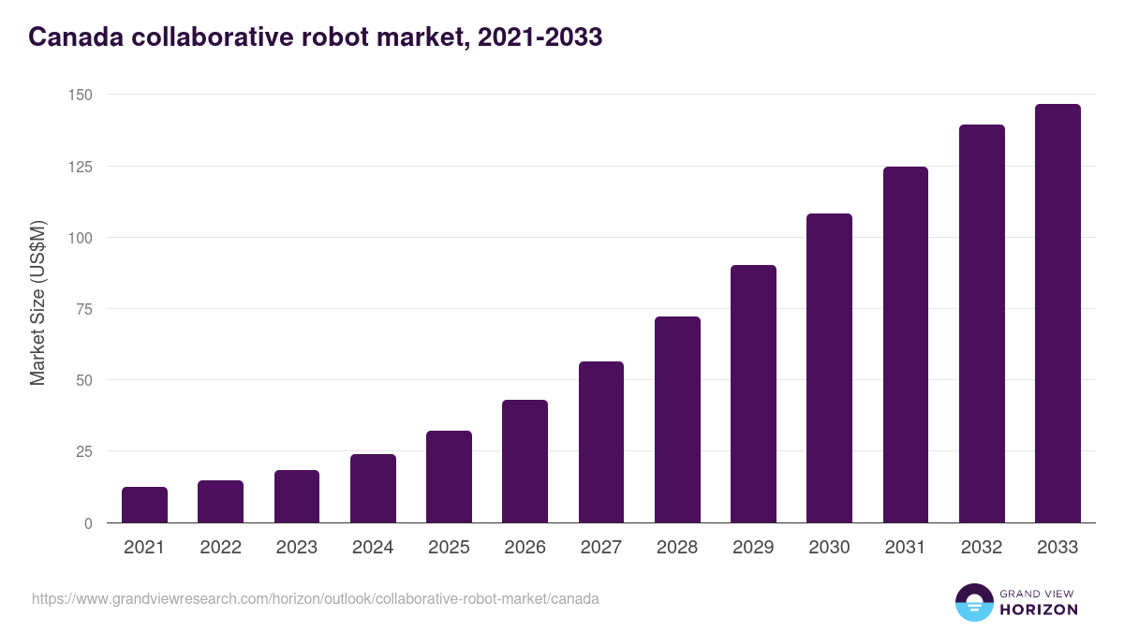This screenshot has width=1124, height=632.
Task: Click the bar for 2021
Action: pyautogui.click(x=144, y=505)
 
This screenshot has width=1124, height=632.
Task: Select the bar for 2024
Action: pyautogui.click(x=373, y=489)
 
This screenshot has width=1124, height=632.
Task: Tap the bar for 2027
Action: pyautogui.click(x=601, y=442)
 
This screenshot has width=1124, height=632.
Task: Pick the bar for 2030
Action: pyautogui.click(x=830, y=368)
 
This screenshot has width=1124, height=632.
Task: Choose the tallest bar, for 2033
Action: pyautogui.click(x=1057, y=314)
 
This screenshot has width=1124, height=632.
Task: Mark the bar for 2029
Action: pyautogui.click(x=754, y=393)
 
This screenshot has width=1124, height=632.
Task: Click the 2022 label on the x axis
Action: pyautogui.click(x=220, y=548)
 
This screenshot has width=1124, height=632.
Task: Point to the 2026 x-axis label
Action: pyautogui.click(x=525, y=548)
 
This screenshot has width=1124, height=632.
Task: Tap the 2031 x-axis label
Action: pyautogui.click(x=906, y=548)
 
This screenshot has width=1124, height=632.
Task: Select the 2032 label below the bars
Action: pyautogui.click(x=982, y=548)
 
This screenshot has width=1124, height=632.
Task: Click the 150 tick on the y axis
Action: pyautogui.click(x=80, y=96)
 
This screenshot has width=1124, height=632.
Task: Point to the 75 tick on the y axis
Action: pyautogui.click(x=83, y=309)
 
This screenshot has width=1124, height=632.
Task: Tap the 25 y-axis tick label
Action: pyautogui.click(x=83, y=451)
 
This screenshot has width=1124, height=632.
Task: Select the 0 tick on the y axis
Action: pyautogui.click(x=88, y=523)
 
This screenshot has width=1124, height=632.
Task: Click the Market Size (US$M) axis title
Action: pyautogui.click(x=37, y=301)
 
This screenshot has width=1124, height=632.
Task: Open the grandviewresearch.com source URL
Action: pyautogui.click(x=315, y=598)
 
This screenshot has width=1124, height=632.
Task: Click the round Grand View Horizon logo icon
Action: pyautogui.click(x=973, y=603)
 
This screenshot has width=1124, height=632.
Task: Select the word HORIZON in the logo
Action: pyautogui.click(x=1040, y=610)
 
